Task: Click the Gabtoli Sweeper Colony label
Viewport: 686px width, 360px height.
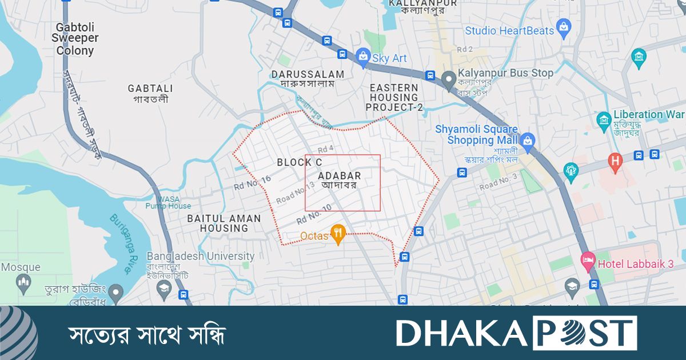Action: pos(75,39)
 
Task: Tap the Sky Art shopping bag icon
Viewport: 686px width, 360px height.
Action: pos(362,56)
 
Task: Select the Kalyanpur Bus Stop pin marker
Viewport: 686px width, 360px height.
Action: pos(449,77)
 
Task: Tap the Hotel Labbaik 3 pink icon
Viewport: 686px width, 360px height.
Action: pos(588,262)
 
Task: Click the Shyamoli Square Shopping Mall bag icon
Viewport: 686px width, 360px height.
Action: pos(527,139)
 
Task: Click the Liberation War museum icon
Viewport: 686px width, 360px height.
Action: pos(604,119)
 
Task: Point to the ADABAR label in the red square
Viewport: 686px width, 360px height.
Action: pos(340,175)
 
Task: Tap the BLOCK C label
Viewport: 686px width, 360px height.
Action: pos(300,162)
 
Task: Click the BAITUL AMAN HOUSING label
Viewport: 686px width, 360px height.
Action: pos(224,223)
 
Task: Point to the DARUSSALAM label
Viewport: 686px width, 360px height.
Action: pos(308,74)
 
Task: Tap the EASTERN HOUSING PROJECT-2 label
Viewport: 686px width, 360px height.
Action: pos(394,97)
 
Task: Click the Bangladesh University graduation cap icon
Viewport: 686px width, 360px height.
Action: pos(165,287)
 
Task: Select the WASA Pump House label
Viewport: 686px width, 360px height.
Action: pos(168,202)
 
